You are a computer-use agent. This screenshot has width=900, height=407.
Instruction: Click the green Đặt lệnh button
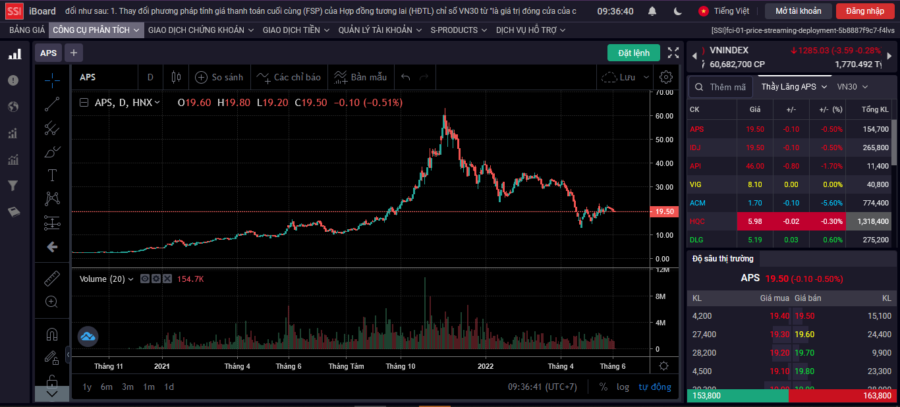(633, 53)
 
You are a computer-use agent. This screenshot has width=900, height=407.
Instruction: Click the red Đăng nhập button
(865, 11)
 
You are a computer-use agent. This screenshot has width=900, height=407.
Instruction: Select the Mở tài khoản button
(798, 11)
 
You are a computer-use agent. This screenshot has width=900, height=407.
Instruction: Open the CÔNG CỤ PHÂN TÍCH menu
(96, 30)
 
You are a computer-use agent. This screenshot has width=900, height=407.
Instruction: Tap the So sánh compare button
(219, 77)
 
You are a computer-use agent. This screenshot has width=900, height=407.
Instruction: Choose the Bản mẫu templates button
(360, 77)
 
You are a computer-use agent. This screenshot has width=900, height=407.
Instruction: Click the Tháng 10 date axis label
(401, 366)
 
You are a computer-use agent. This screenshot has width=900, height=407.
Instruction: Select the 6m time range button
(107, 387)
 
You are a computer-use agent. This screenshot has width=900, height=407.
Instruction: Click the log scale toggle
(623, 387)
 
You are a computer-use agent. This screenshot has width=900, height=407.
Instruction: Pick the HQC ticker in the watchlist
(697, 221)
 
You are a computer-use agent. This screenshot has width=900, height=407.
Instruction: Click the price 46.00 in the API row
(755, 166)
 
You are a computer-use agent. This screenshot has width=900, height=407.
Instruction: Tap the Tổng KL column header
(875, 109)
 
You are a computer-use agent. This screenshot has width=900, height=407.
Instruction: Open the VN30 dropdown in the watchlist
(852, 87)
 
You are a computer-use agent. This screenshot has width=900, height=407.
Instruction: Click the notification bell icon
(652, 11)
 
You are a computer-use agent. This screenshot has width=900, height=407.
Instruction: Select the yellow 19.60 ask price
(804, 335)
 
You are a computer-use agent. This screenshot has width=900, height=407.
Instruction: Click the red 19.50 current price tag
(664, 211)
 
